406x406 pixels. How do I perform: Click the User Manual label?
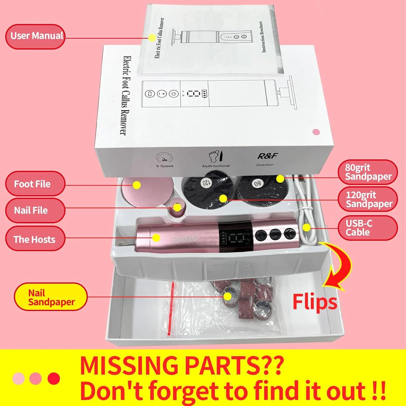coord(35,37)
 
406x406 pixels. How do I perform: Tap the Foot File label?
coord(35,184)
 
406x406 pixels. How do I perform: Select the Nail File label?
coord(35,210)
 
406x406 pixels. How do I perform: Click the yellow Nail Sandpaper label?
coord(51,297)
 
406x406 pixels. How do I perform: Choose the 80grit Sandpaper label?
coord(368,172)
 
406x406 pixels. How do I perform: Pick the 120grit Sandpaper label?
coord(368,199)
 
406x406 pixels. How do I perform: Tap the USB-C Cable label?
coord(368,228)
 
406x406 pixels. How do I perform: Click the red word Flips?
coord(315,302)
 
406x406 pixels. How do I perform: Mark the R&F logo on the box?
coord(267,156)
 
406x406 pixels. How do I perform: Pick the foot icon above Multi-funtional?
coord(216,157)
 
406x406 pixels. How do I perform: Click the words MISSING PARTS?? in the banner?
coord(182,365)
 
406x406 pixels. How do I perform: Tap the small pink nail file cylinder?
coord(177,208)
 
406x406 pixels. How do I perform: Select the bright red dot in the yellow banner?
coord(54,378)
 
